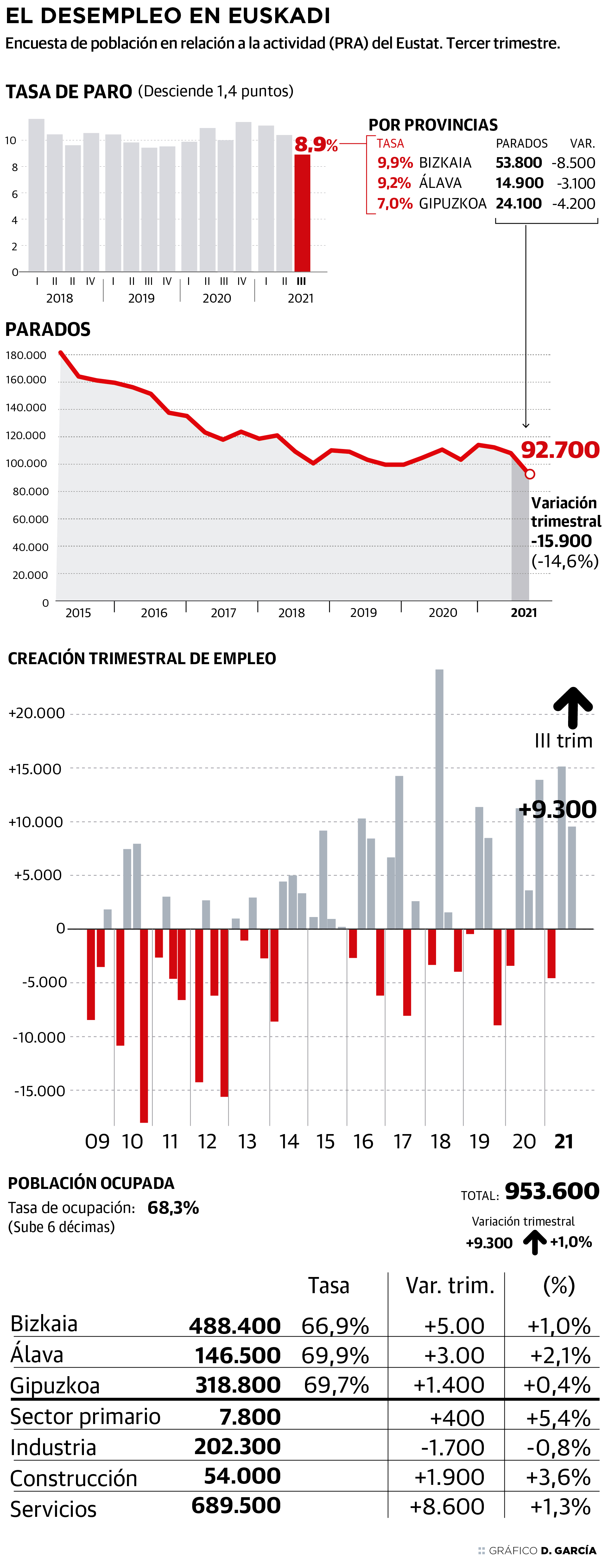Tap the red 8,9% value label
[x=316, y=144]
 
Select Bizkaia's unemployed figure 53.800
[x=518, y=163]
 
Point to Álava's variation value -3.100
[x=575, y=183]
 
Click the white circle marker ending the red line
[x=530, y=474]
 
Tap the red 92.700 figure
[x=560, y=450]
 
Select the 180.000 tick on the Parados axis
[x=26, y=355]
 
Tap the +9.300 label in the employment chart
[x=557, y=809]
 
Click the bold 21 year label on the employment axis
[x=564, y=1141]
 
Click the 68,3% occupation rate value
[x=173, y=1208]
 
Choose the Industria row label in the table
[x=53, y=1448]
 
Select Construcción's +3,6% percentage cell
[x=558, y=1477]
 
